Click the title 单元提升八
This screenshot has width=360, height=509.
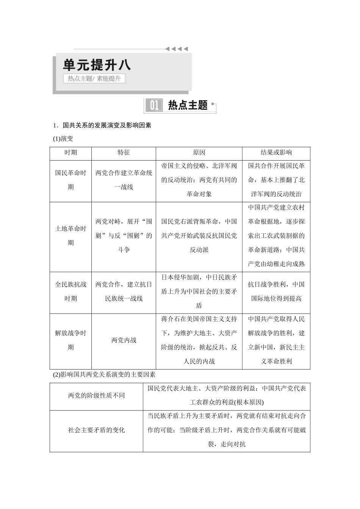[x=97, y=65]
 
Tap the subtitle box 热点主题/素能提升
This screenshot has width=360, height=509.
[x=94, y=78]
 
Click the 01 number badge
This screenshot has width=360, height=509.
[x=154, y=105]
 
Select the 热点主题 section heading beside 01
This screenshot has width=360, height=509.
[x=188, y=105]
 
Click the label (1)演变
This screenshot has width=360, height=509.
[x=63, y=139]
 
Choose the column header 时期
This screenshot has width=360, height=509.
[x=70, y=152]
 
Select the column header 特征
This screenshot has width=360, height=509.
[x=124, y=152]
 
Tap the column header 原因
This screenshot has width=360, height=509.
[x=199, y=152]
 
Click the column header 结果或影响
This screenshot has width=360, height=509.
[x=276, y=152]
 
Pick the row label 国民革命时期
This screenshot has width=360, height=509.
[x=70, y=180]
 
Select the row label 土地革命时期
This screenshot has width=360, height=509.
[x=70, y=236]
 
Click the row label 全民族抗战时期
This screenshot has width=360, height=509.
[x=70, y=291]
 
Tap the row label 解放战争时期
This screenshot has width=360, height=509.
[x=70, y=340]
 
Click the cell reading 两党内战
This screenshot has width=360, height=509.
[x=124, y=340]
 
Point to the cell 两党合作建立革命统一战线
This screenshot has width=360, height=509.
[x=124, y=180]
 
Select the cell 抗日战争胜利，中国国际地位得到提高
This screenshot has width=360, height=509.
[x=276, y=291]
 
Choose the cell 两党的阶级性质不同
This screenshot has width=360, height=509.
[x=96, y=395]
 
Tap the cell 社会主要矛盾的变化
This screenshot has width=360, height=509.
[x=96, y=430]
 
